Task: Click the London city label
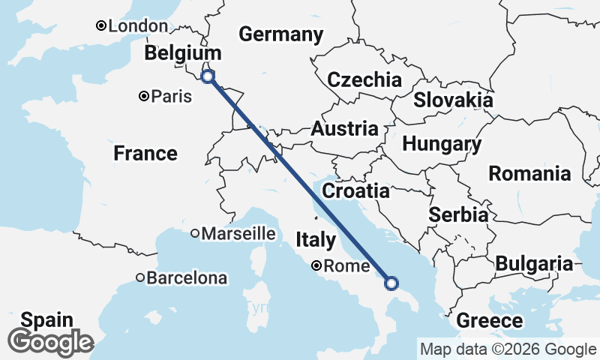tap(138, 26)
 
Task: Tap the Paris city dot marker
tap(143, 96)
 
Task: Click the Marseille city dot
tap(194, 233)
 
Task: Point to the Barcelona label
tap(187, 278)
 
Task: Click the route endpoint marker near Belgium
tap(208, 76)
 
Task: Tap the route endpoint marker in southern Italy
tap(391, 283)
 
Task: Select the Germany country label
tap(281, 34)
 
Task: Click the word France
tap(145, 154)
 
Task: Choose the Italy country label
tap(315, 240)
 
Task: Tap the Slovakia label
tap(453, 100)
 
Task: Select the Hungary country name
tap(442, 144)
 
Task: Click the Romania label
tap(529, 174)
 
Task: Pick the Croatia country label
tap(355, 191)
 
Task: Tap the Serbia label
tap(458, 215)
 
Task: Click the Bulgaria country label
tap(533, 263)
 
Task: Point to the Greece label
tap(490, 321)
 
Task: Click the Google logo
tap(51, 342)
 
